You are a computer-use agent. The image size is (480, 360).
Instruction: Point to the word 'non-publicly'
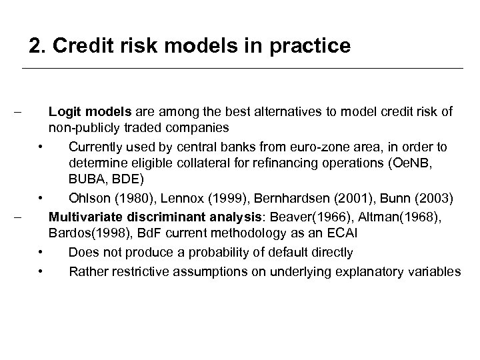79,127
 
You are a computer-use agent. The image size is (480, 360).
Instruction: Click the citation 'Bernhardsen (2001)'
285,198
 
